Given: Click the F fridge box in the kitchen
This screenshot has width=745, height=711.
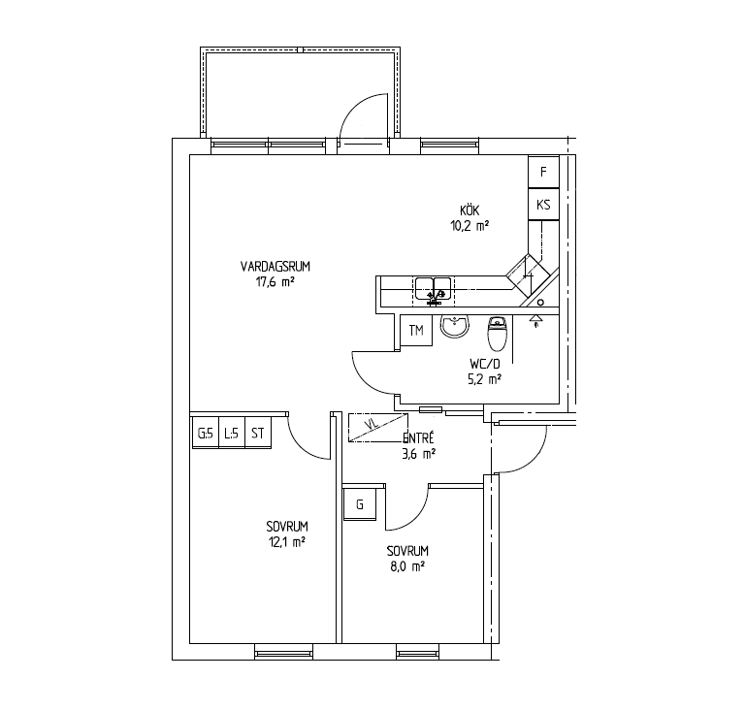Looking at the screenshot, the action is [543, 172].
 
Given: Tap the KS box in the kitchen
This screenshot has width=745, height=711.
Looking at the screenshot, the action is [543, 205].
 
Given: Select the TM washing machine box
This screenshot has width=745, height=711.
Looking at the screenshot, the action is [416, 330].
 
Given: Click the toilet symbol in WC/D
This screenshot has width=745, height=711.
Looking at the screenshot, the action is [498, 333].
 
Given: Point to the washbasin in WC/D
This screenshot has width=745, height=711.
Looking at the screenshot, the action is [455, 327].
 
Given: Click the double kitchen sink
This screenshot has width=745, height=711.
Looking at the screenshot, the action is [434, 290].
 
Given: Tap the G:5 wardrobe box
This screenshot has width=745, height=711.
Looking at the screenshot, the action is [206, 433].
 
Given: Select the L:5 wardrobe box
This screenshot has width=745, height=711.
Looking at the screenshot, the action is [232, 433].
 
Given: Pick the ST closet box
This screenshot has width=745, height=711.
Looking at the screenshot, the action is [257, 433].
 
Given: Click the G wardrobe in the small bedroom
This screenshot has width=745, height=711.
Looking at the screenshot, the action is [360, 504].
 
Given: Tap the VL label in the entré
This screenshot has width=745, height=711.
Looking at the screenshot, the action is [373, 424].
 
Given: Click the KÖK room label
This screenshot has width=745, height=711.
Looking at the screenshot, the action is [470, 210].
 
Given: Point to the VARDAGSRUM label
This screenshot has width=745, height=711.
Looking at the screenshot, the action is [275, 267].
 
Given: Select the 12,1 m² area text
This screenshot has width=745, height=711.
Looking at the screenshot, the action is [287, 542].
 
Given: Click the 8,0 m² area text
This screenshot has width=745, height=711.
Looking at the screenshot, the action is [406, 566].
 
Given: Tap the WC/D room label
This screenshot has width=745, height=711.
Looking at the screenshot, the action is [485, 365].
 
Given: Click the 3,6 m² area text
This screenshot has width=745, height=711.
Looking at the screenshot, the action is [419, 455].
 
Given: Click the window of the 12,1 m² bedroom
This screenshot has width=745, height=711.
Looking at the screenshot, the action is [283, 652].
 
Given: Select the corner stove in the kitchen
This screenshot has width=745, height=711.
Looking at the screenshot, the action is [528, 275].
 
